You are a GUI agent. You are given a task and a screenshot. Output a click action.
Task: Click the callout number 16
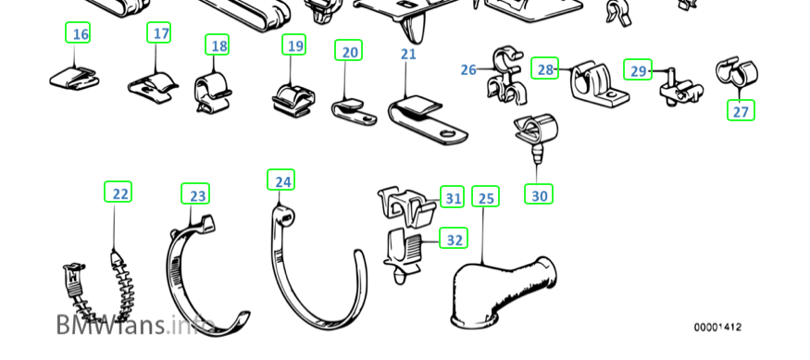pos(81,34)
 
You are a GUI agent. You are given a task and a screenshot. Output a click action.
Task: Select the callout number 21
pos(408,55)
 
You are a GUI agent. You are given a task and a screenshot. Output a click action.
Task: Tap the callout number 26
pos(468,69)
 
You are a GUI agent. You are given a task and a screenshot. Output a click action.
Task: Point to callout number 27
pos(741,112)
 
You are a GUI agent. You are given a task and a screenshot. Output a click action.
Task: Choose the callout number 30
pos(539,196)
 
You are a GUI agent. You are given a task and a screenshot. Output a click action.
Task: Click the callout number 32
pos(455,240)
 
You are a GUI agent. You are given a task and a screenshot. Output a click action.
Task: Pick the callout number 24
pos(282,181)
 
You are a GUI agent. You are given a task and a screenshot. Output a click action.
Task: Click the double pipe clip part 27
pos(737,73)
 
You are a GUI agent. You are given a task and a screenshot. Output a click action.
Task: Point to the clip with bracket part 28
pos(598,85)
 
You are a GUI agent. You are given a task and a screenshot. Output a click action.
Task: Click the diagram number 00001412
pos(717,328)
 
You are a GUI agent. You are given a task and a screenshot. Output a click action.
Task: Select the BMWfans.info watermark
pos(134,324)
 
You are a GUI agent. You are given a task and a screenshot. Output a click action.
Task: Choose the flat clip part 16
pos(75,78)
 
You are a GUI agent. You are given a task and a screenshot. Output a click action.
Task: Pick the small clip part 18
pos(212,91)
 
